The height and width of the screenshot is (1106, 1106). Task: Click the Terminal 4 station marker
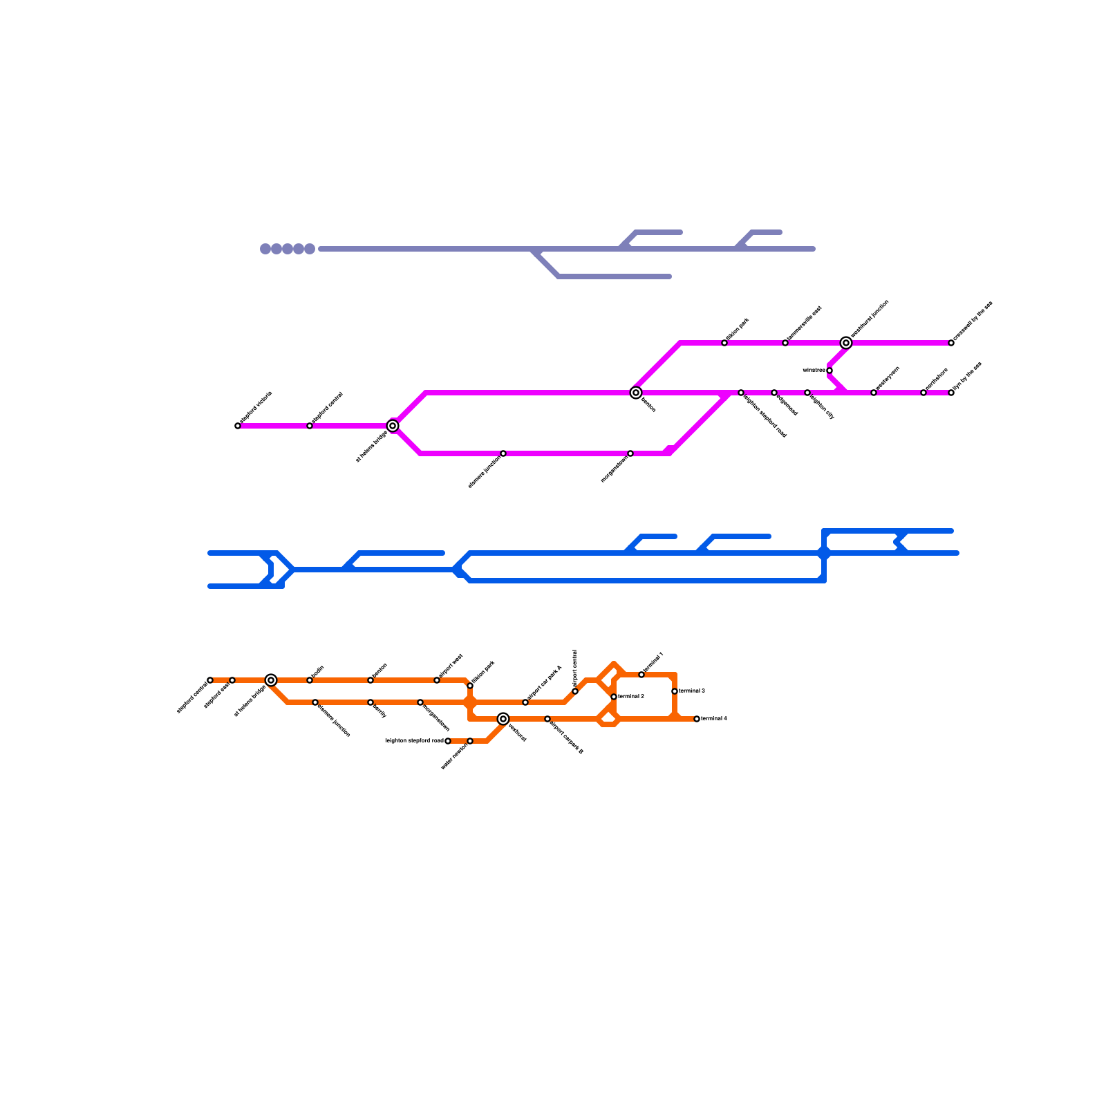click(697, 719)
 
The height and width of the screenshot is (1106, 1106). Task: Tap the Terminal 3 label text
click(692, 691)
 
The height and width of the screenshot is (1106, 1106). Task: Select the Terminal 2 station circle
click(614, 697)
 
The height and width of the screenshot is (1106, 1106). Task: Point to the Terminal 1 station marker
click(641, 675)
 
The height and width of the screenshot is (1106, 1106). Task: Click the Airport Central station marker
click(575, 691)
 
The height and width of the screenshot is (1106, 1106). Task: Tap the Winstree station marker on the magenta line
click(829, 371)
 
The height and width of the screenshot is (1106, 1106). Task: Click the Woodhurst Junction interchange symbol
click(846, 343)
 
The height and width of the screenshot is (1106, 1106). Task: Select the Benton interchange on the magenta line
click(636, 393)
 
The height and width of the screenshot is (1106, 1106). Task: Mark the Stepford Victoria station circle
click(238, 426)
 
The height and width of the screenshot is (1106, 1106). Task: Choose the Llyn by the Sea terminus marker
click(951, 393)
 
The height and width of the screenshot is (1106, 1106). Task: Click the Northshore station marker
click(924, 393)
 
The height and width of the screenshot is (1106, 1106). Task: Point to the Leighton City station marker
click(807, 393)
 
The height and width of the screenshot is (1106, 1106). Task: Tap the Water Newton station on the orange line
click(470, 741)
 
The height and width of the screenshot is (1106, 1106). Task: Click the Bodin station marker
click(310, 680)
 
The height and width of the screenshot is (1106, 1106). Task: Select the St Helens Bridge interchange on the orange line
click(271, 680)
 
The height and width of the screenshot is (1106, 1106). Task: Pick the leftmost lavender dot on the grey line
click(265, 249)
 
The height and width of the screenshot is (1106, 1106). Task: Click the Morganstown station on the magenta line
click(630, 453)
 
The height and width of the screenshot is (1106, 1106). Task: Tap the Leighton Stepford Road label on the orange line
click(414, 741)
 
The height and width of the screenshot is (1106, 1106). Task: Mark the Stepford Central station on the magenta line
click(310, 426)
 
